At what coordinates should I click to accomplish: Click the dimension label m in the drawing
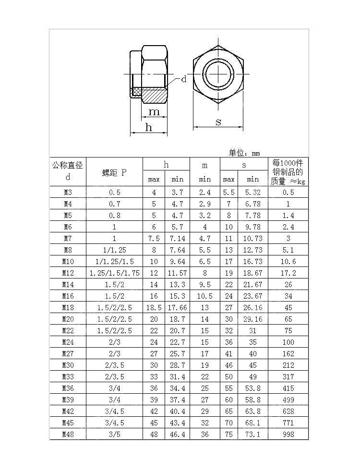[154, 112]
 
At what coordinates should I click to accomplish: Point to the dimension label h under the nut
[149, 127]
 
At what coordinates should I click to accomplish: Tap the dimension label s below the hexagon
[218, 122]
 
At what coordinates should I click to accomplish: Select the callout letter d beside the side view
[183, 80]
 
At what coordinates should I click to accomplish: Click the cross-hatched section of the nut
[154, 95]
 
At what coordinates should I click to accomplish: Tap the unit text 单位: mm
[244, 153]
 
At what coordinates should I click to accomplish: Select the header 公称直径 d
[68, 171]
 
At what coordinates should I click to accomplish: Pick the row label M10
[68, 262]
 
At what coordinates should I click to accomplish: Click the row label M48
[68, 435]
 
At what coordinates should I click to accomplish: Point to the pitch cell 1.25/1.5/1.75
[114, 273]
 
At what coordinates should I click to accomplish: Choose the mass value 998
[288, 435]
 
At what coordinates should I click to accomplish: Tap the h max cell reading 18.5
[154, 308]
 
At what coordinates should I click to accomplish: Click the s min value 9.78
[252, 227]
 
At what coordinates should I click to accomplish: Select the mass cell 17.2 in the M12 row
[288, 273]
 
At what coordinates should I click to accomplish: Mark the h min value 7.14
[177, 239]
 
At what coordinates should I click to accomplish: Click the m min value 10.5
[204, 296]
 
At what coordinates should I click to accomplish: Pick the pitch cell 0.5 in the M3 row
[114, 193]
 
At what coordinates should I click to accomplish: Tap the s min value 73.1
[252, 435]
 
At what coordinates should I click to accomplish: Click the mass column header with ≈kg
[288, 172]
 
